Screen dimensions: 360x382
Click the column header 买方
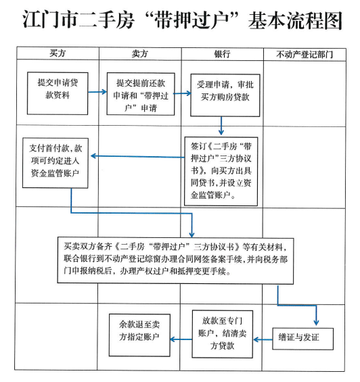(x=58, y=53)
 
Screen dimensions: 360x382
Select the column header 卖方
(x=140, y=53)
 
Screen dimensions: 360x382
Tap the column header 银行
(x=222, y=54)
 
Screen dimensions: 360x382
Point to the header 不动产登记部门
(x=305, y=54)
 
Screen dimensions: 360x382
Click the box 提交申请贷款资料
(x=58, y=93)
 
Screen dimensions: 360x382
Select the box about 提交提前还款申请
(x=141, y=94)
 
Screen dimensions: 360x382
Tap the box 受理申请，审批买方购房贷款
(x=225, y=95)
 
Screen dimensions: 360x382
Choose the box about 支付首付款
(x=55, y=163)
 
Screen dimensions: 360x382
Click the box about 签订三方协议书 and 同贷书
(x=221, y=171)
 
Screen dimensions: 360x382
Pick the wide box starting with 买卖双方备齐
(x=175, y=261)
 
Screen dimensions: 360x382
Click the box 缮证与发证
(x=302, y=339)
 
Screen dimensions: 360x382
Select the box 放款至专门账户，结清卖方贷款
(x=222, y=334)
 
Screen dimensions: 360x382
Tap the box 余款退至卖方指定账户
(x=139, y=335)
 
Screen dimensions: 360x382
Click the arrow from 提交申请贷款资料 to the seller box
(x=97, y=92)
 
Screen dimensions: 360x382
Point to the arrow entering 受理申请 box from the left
(x=183, y=93)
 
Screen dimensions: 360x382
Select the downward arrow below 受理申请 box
(x=221, y=126)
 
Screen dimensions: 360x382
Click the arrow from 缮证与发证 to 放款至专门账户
(x=263, y=339)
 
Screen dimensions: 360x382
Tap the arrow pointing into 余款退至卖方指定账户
(x=181, y=339)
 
